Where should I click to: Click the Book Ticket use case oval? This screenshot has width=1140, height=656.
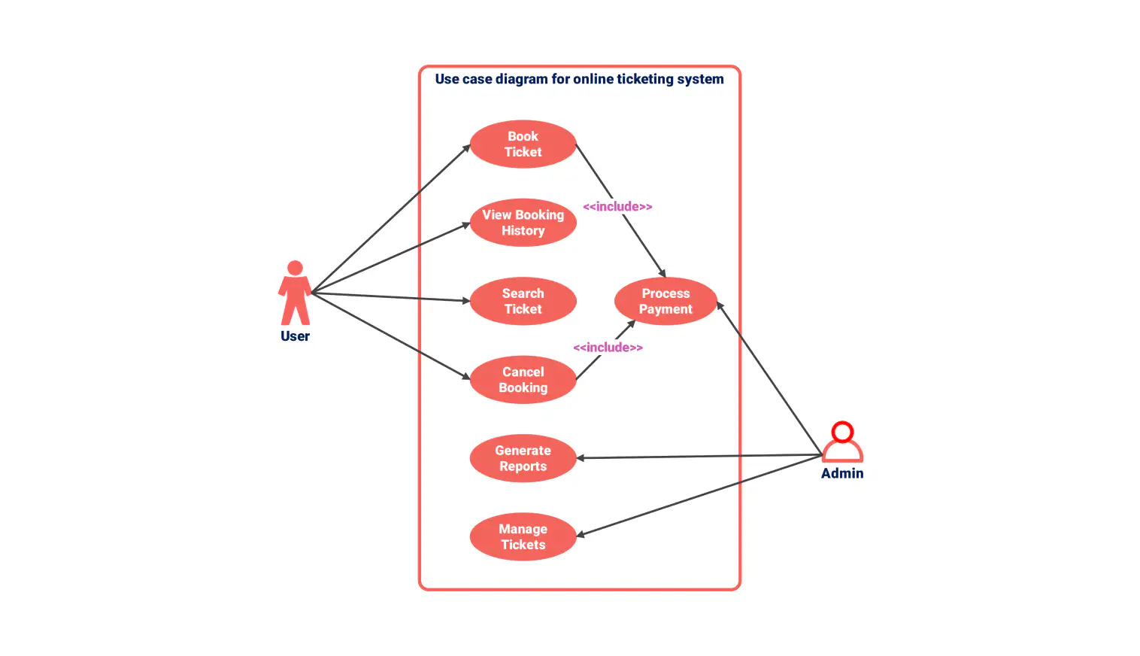[x=523, y=144]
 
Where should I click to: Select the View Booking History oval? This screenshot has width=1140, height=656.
[x=523, y=223]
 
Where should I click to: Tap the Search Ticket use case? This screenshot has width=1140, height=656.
[x=523, y=301]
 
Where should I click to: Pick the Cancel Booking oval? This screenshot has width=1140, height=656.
[x=523, y=380]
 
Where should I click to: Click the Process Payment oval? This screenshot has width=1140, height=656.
[x=666, y=301]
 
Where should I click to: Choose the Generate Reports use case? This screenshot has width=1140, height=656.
[x=523, y=458]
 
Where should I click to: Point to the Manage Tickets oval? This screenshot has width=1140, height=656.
[x=523, y=537]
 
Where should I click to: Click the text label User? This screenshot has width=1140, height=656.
[x=295, y=336]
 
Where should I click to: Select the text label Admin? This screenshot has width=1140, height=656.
[x=842, y=473]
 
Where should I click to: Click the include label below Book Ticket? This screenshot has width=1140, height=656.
[x=617, y=206]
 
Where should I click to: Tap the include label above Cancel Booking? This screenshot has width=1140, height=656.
[x=608, y=347]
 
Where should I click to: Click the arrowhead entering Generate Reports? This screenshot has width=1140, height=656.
[x=581, y=457]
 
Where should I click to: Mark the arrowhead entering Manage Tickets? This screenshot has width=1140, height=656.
[x=581, y=535]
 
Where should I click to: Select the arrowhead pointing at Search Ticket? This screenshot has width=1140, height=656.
[x=466, y=301]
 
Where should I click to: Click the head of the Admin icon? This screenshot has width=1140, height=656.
[x=843, y=431]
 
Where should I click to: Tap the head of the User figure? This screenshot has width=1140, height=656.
[x=295, y=268]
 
